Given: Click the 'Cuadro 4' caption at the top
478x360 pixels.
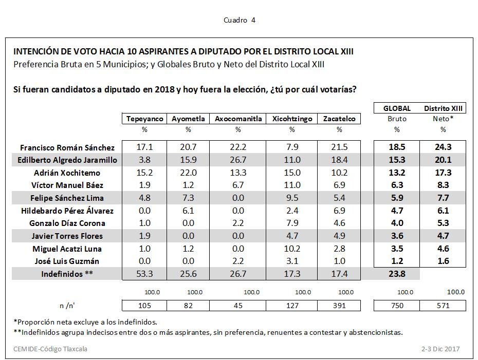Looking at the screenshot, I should point(240,20).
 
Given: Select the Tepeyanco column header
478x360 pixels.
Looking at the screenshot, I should point(144,119).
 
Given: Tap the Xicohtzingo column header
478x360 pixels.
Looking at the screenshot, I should point(291,119).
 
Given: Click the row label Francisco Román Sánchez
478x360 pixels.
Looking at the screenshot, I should point(67,147).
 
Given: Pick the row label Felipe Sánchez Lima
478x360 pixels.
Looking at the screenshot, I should point(67,198).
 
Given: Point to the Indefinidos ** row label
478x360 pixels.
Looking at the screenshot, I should point(67,274).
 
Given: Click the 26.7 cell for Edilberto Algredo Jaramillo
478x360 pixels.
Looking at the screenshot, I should point(238,160).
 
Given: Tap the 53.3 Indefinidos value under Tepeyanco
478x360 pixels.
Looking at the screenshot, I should point(144,274).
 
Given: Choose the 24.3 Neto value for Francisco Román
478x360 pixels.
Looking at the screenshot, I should point(443,147).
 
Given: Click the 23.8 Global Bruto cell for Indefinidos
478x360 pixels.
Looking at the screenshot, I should point(397,274).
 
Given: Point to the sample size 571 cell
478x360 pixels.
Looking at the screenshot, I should point(443,306).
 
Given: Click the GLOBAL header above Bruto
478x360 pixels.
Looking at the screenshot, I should point(397,108).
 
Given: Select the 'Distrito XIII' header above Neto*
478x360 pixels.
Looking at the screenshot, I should point(443,108).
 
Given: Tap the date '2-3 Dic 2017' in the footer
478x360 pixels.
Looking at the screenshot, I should point(440,349).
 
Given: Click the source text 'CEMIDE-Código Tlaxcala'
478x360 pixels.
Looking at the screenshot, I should point(50,349).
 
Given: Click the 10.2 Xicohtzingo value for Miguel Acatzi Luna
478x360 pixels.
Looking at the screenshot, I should point(291,249).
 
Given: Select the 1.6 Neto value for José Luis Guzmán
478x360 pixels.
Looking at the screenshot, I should point(443,261).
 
